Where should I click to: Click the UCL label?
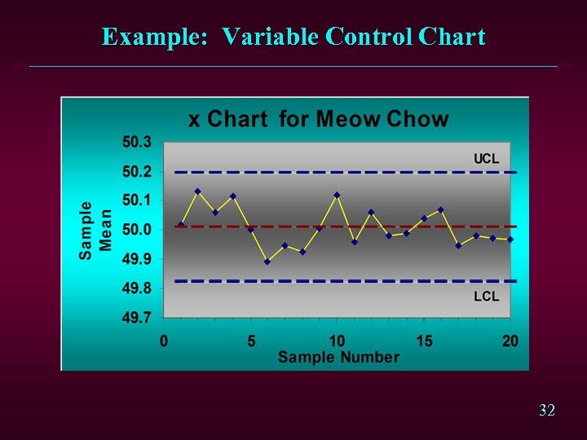click(x=486, y=159)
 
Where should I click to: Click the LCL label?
click(x=486, y=297)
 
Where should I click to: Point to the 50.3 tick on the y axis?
click(x=137, y=142)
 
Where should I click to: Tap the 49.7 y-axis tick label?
click(x=137, y=318)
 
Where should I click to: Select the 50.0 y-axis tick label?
click(x=137, y=230)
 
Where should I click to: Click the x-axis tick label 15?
click(x=424, y=341)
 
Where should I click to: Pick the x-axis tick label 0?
click(x=164, y=341)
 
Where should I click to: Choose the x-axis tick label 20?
click(x=510, y=341)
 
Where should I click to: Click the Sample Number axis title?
click(x=338, y=357)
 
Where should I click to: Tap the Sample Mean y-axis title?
click(x=96, y=231)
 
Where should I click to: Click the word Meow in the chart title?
click(x=348, y=120)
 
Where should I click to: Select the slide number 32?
click(x=547, y=410)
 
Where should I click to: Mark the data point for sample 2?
click(x=198, y=191)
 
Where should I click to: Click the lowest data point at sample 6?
click(x=267, y=262)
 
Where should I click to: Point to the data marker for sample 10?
click(x=337, y=196)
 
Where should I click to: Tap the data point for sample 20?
click(x=510, y=240)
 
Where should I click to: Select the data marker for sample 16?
click(x=441, y=210)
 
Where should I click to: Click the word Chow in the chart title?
click(x=417, y=120)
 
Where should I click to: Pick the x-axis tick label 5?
click(x=250, y=341)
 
